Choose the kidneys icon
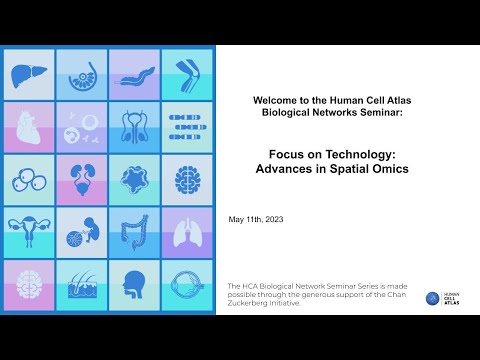[x=82, y=180]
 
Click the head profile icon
[x=134, y=285]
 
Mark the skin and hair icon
[x=82, y=285]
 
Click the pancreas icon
[x=134, y=75]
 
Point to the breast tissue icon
[x=82, y=75]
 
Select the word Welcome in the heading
[x=275, y=101]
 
